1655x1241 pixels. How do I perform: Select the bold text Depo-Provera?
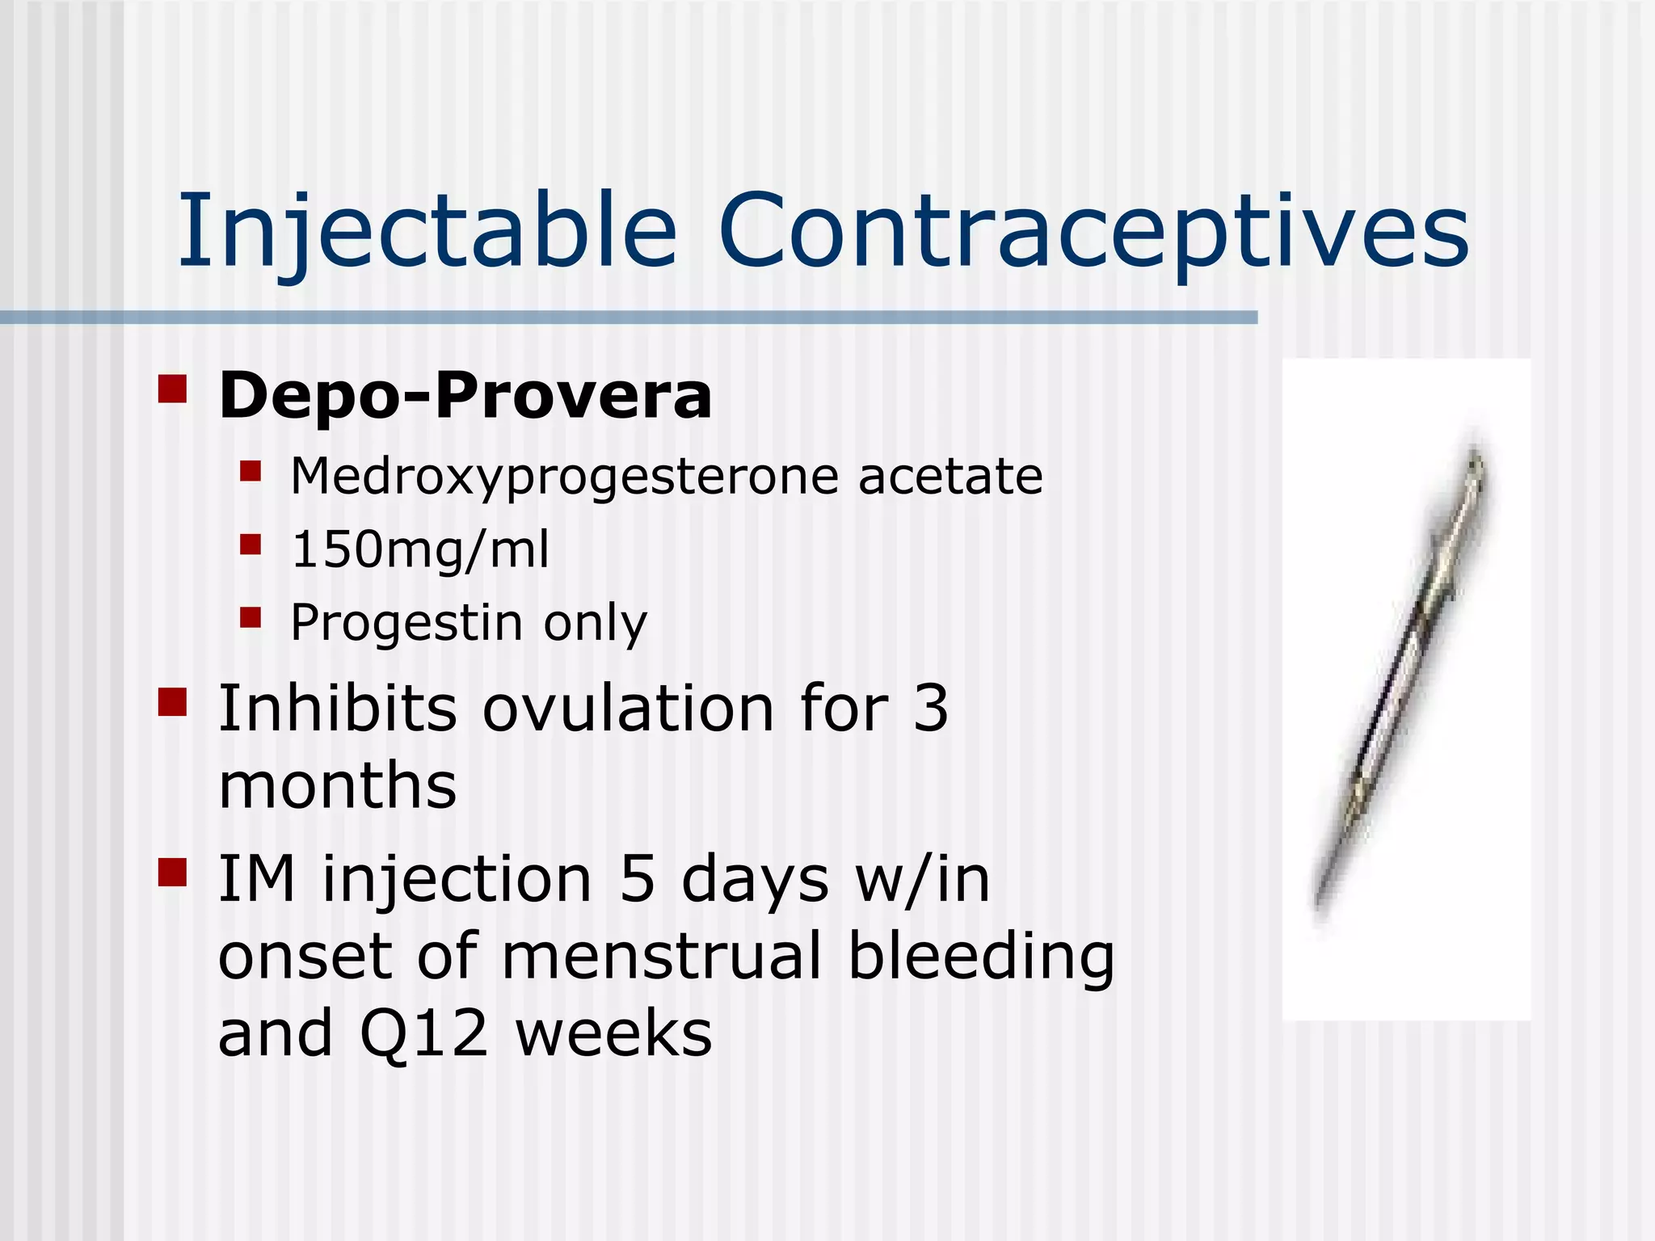point(465,396)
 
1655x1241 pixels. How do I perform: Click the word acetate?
point(950,477)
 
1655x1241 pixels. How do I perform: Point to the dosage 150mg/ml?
point(420,549)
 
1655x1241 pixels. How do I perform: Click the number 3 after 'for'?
point(930,709)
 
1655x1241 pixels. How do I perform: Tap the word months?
point(338,786)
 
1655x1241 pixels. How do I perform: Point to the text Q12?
point(423,1034)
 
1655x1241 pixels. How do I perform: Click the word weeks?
point(614,1034)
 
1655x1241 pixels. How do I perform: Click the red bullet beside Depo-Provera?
point(173,389)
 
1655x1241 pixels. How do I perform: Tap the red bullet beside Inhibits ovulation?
point(173,702)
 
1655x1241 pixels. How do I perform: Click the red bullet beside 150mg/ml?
point(251,544)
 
